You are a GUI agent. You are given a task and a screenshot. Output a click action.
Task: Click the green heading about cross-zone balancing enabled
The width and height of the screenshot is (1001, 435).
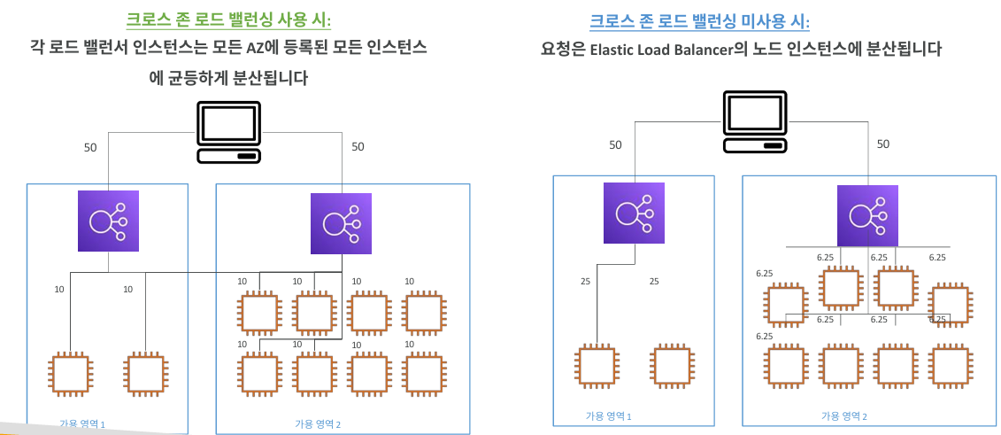230,19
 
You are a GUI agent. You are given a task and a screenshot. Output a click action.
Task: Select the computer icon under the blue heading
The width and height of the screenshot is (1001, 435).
756,121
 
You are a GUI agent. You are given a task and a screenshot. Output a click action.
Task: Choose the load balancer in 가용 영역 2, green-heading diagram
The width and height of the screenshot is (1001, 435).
342,224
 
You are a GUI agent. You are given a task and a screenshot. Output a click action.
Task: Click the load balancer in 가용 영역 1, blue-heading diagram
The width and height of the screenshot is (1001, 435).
634,213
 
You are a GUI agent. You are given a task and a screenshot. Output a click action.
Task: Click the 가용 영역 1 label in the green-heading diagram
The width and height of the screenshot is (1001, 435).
79,423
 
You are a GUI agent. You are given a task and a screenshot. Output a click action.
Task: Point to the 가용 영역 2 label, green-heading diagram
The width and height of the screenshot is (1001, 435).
318,423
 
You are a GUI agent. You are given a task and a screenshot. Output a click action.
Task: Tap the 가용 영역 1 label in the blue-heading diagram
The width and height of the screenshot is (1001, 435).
609,416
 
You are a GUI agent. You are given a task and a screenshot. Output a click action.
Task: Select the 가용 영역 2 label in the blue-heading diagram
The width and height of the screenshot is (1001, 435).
844,416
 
